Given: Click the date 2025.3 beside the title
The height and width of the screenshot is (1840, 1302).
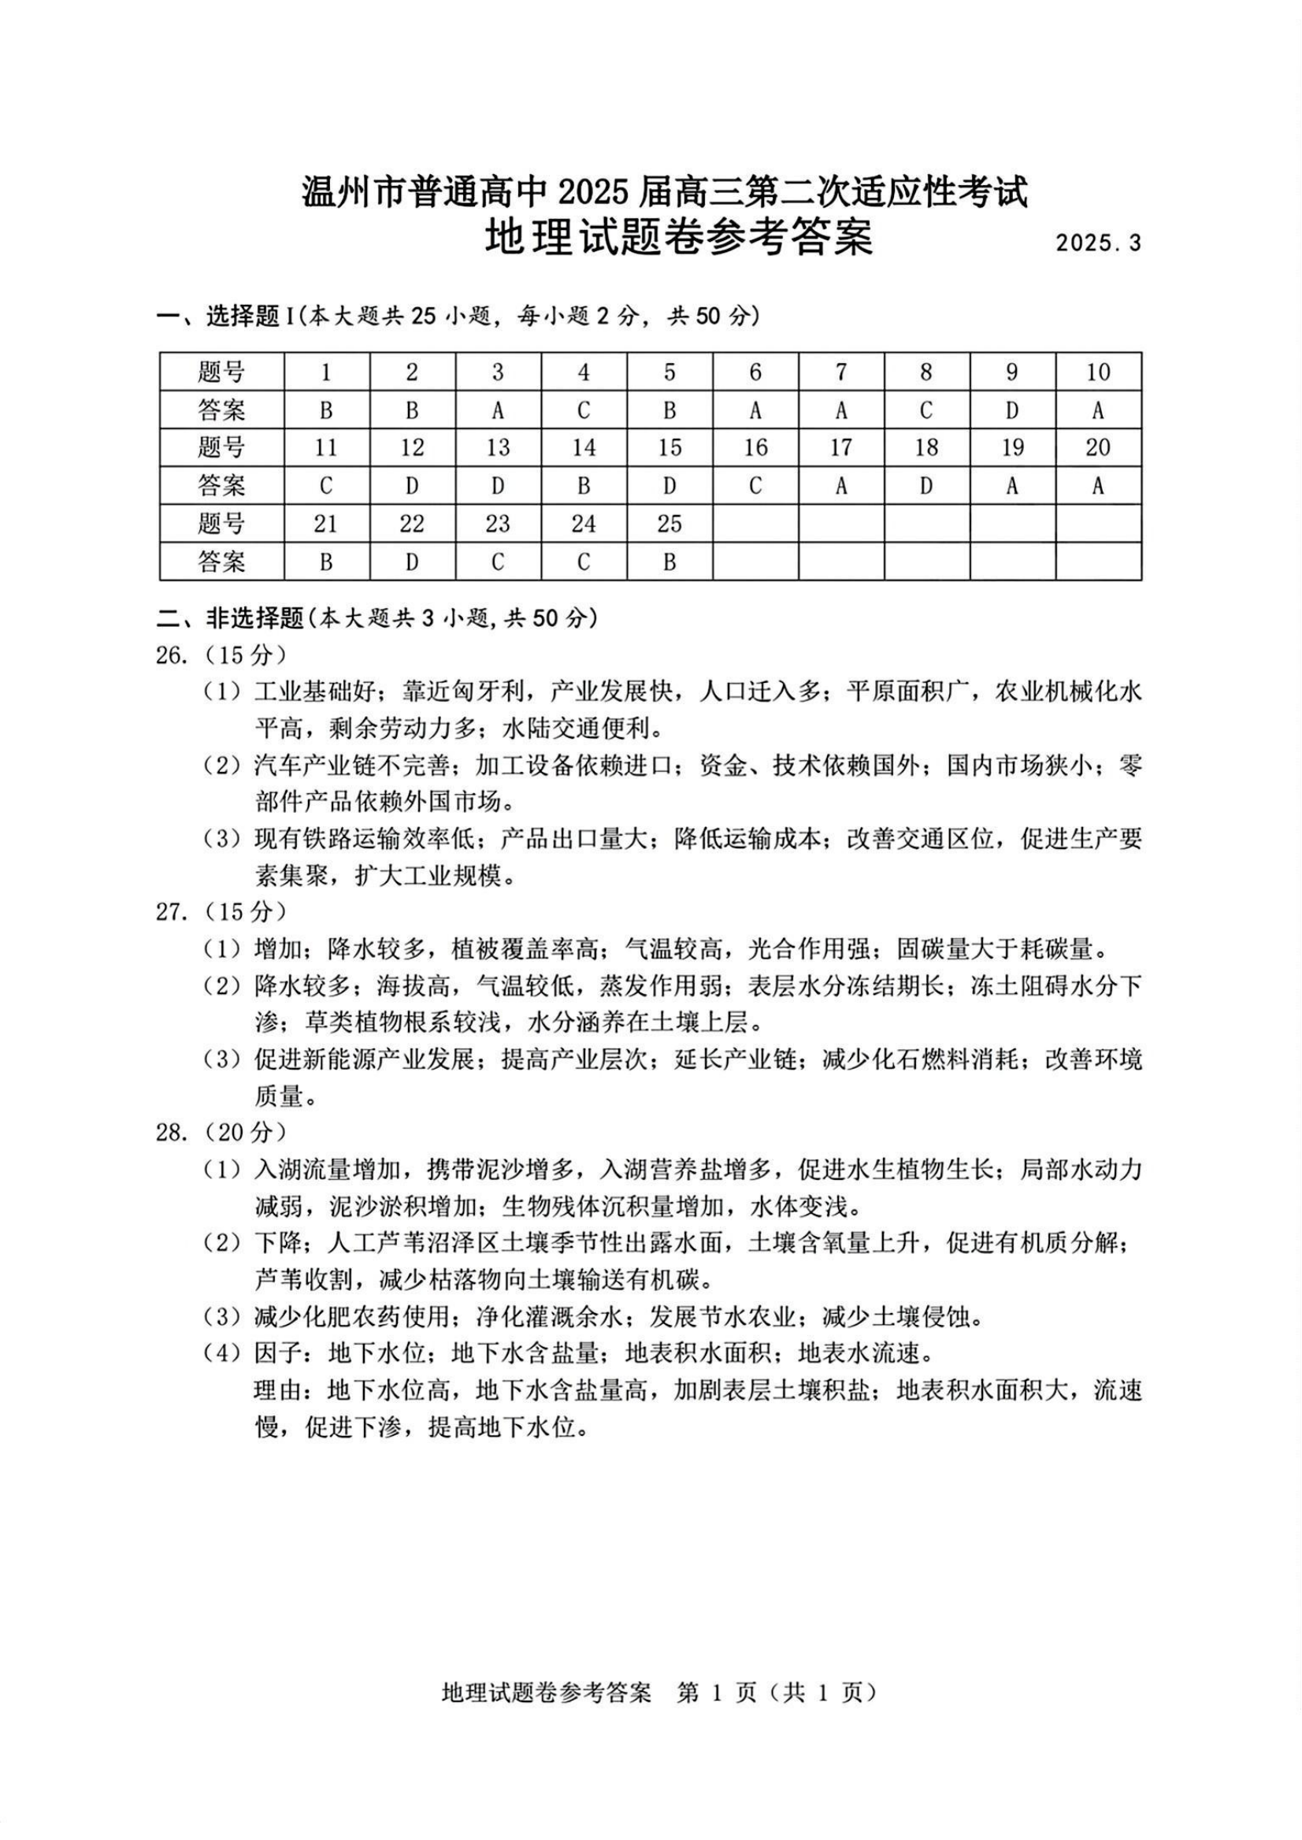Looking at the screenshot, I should pos(1097,243).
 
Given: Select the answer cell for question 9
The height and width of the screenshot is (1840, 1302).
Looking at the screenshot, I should pos(1012,410).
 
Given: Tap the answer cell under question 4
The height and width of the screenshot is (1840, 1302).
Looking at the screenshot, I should pos(584,410).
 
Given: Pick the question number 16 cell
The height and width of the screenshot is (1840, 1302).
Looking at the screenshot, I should pos(755,447).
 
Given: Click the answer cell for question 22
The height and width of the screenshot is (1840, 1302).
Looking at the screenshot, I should pos(412,562).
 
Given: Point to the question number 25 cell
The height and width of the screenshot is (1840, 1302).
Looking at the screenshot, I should pos(670,524).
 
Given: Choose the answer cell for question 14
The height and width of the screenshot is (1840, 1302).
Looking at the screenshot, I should pos(584,486).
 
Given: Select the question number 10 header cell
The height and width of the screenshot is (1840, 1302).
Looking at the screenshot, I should pos(1097,372).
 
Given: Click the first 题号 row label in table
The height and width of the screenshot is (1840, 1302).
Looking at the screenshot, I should pos(221,372).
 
